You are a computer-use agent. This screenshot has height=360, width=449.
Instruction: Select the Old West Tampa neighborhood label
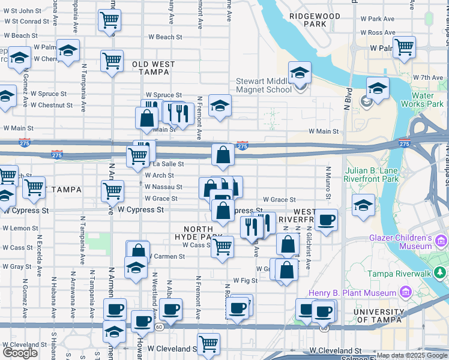point(153,68)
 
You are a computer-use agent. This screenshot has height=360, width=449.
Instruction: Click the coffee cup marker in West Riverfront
point(326,220)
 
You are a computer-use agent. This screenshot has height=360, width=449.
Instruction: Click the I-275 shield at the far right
point(404,144)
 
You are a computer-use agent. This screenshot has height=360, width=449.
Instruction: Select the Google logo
point(20,353)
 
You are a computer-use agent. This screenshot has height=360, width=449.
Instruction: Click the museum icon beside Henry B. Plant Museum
point(405,293)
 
